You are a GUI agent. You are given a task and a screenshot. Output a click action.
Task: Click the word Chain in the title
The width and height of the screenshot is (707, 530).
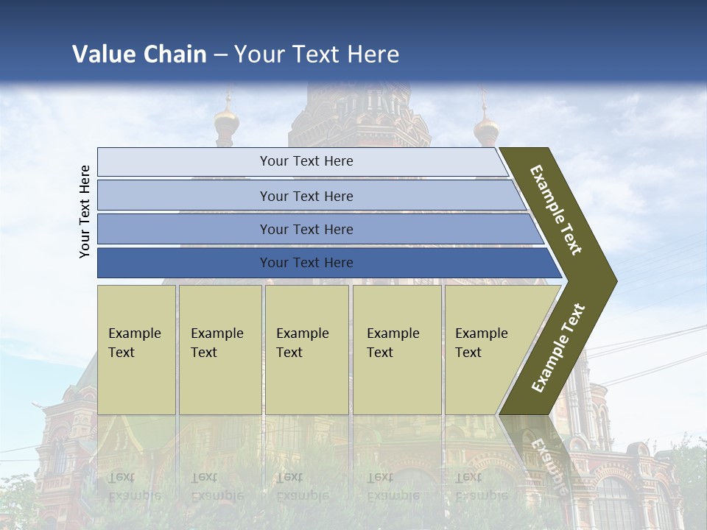(175, 54)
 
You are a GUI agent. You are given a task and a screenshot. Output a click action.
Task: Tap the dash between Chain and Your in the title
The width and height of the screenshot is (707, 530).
(220, 55)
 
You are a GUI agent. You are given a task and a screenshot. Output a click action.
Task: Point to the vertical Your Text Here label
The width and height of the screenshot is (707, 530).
(85, 211)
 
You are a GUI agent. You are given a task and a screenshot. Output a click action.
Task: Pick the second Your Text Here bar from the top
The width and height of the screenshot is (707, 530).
(306, 196)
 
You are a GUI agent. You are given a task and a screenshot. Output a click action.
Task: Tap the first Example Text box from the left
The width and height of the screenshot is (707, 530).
(136, 350)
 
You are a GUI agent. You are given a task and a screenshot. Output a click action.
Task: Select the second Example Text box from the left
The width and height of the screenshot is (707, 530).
(220, 350)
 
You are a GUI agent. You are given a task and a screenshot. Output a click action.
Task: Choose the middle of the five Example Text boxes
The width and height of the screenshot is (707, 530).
(306, 350)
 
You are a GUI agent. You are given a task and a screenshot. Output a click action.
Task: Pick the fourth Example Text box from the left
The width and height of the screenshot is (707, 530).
(397, 350)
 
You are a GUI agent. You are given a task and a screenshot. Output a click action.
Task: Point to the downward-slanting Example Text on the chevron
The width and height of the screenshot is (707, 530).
(556, 210)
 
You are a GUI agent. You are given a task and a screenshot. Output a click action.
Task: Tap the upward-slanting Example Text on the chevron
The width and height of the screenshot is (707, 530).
(558, 347)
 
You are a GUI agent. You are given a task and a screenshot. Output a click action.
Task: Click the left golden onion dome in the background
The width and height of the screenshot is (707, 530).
(226, 121)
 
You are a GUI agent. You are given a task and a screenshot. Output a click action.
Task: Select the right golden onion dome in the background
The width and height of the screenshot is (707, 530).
(486, 129)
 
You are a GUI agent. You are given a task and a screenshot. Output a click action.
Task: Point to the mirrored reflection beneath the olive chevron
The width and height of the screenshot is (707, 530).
(541, 449)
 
